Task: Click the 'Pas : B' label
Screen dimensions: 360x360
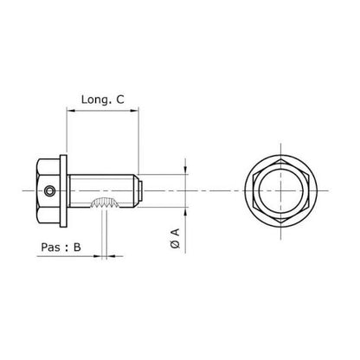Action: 61,247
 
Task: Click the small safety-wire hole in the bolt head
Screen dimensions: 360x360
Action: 51,190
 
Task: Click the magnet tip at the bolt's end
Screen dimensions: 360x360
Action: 136,190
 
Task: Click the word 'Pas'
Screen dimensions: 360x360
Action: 50,247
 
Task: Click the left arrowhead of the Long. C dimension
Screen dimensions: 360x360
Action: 70,111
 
